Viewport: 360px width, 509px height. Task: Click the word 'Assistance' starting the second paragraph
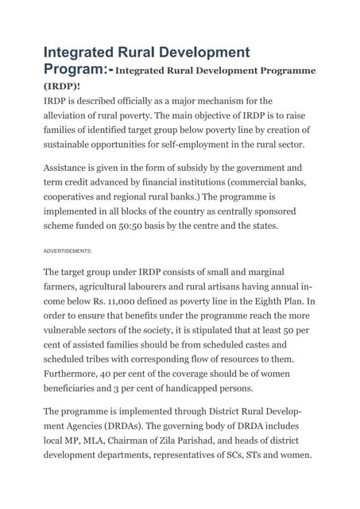[x=71, y=169]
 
